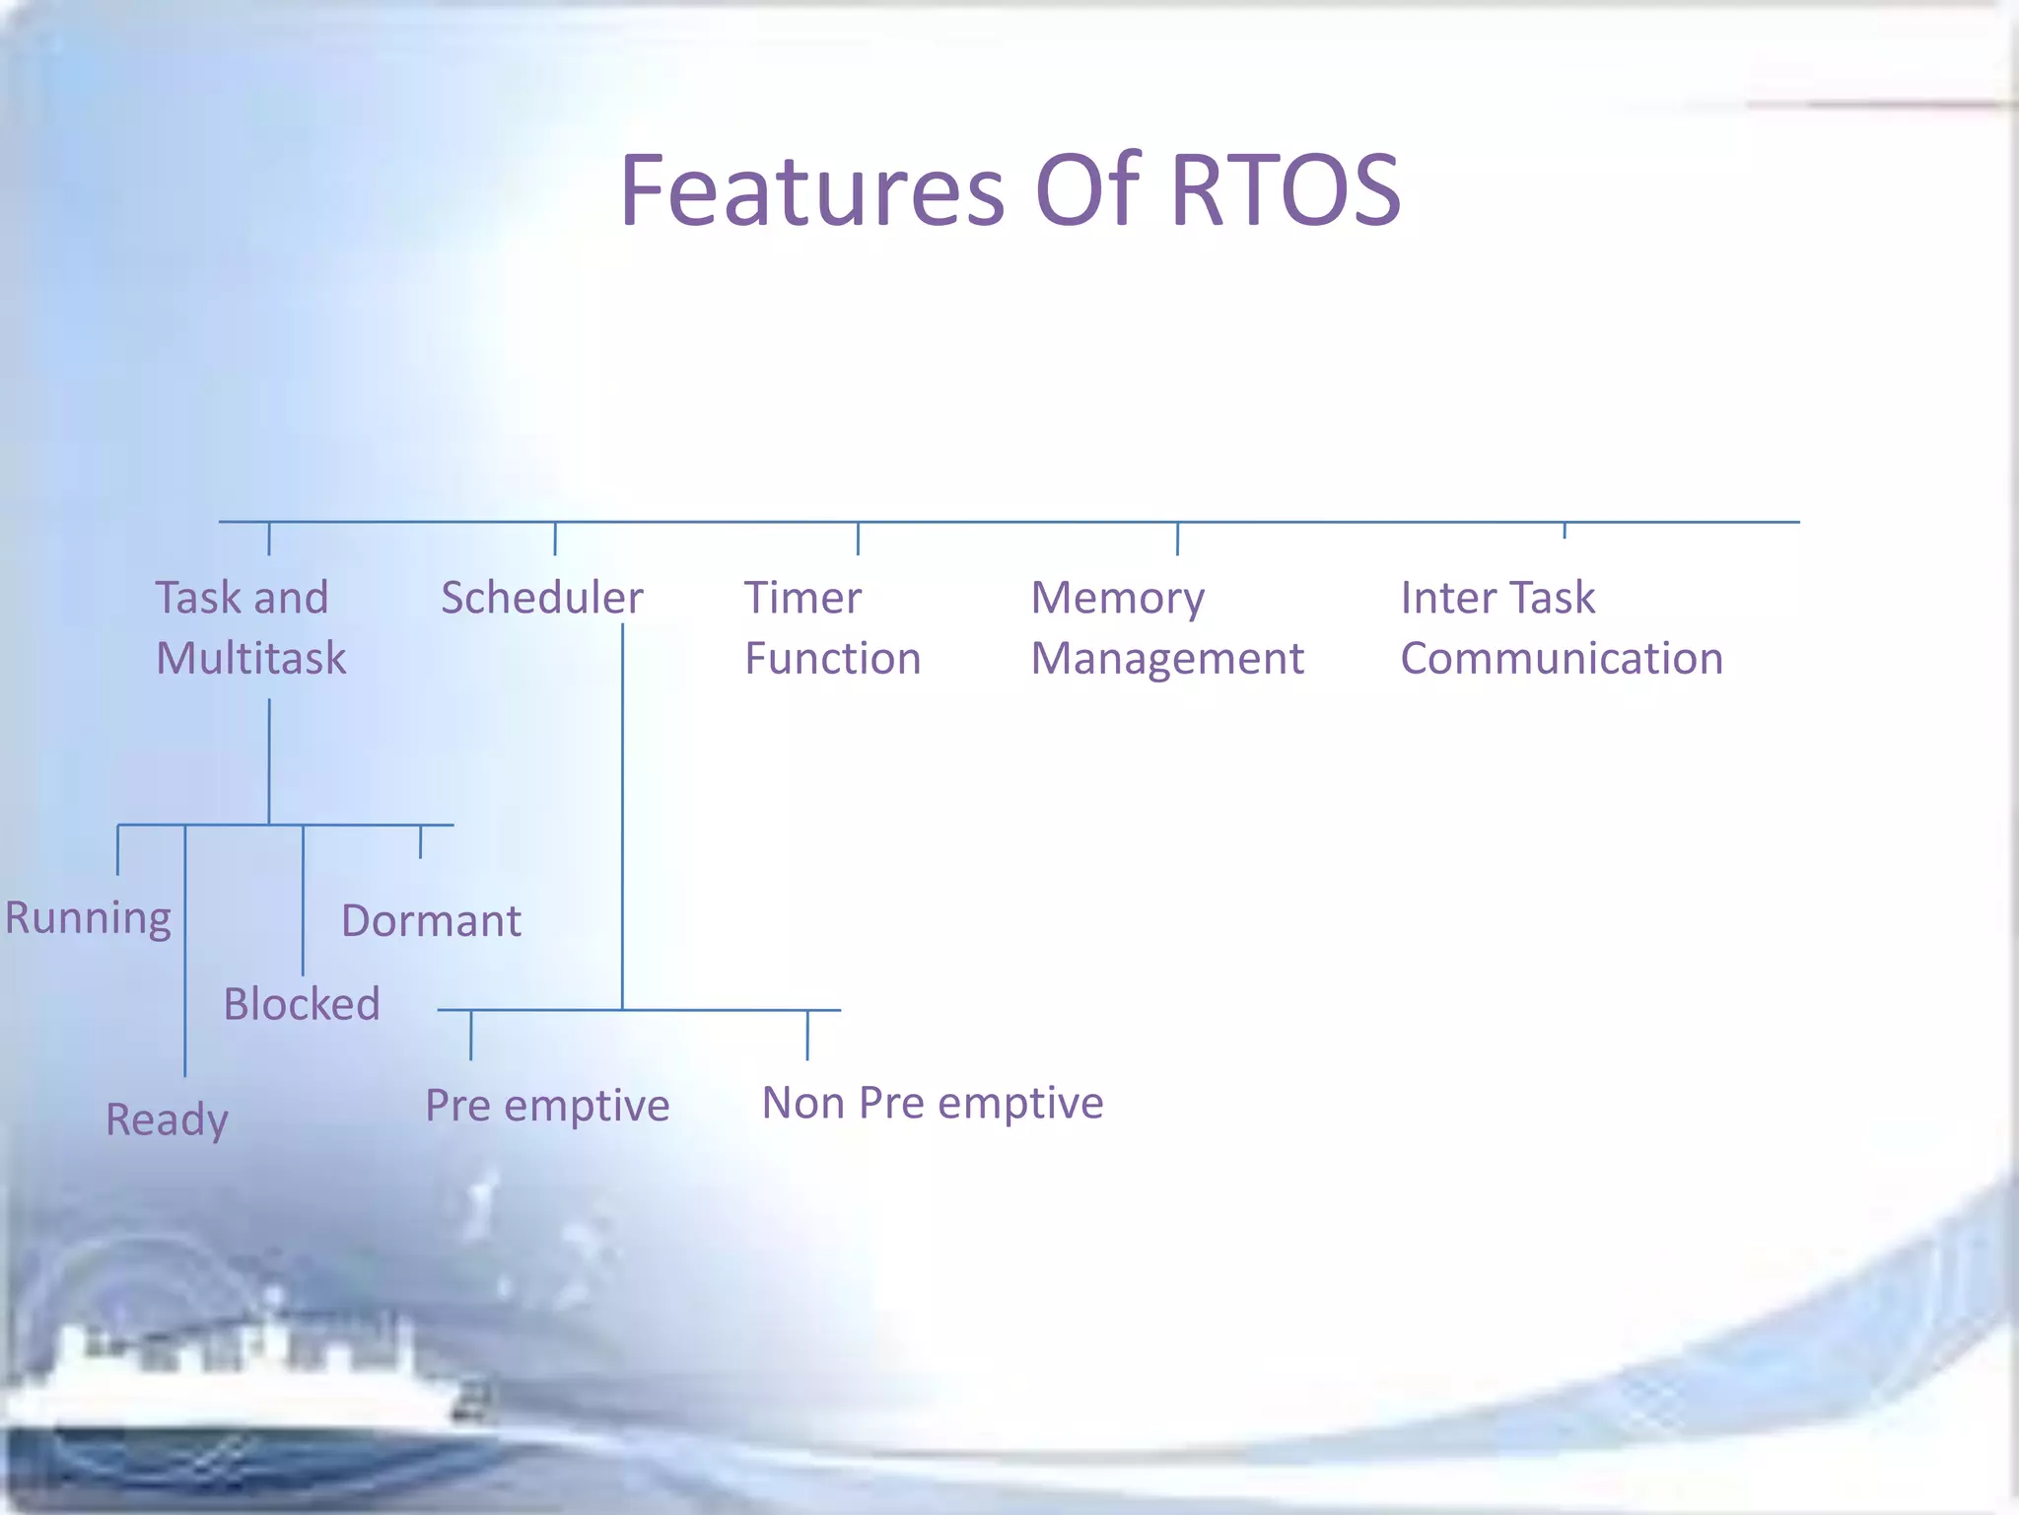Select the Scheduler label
[x=541, y=598]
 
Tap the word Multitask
[x=250, y=658]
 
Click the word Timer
[x=802, y=598]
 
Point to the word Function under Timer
[x=832, y=658]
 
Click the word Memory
[x=1117, y=598]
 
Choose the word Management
[x=1166, y=658]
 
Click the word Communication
[x=1561, y=658]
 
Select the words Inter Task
[x=1497, y=598]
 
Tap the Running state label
[x=88, y=918]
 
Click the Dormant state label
[x=431, y=921]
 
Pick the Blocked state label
[x=301, y=1004]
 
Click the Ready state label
[x=167, y=1119]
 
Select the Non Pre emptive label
[x=932, y=1103]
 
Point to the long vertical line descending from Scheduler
[x=622, y=819]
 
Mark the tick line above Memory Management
[x=1177, y=539]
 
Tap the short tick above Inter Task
[x=1565, y=531]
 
